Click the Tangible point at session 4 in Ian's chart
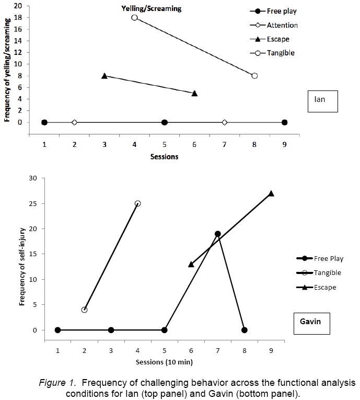pos(134,17)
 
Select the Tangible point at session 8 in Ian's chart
pos(254,75)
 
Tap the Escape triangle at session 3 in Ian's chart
pos(104,76)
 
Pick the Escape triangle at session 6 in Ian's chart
pos(194,93)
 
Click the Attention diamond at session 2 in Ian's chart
pos(74,122)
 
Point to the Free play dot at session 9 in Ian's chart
pos(284,122)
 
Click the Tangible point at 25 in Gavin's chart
pos(137,203)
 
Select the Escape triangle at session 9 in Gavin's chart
pos(271,193)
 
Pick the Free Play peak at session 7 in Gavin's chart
pos(217,234)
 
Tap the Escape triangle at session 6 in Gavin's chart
pos(191,264)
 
